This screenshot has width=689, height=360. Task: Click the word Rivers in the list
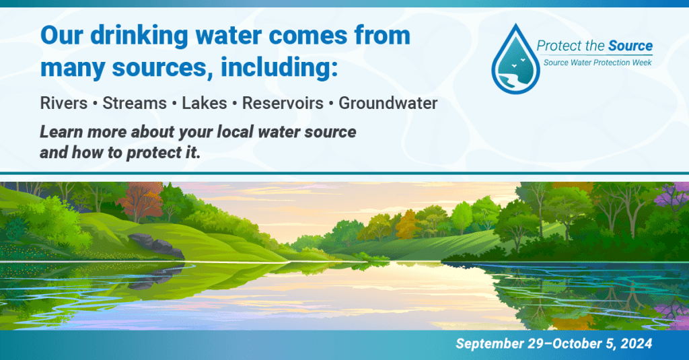[x=64, y=104]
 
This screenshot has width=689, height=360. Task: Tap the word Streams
[x=135, y=104]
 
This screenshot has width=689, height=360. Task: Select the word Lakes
[x=205, y=104]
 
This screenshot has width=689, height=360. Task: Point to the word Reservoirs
[x=283, y=104]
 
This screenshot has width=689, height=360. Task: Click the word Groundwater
[x=388, y=104]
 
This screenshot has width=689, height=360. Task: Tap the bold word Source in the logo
[x=630, y=46]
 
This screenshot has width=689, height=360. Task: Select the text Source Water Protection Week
[x=597, y=63]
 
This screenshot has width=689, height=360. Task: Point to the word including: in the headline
[x=279, y=68]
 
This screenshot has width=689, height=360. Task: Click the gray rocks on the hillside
[x=156, y=246]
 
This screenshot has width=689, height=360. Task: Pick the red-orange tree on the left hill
[x=140, y=201]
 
